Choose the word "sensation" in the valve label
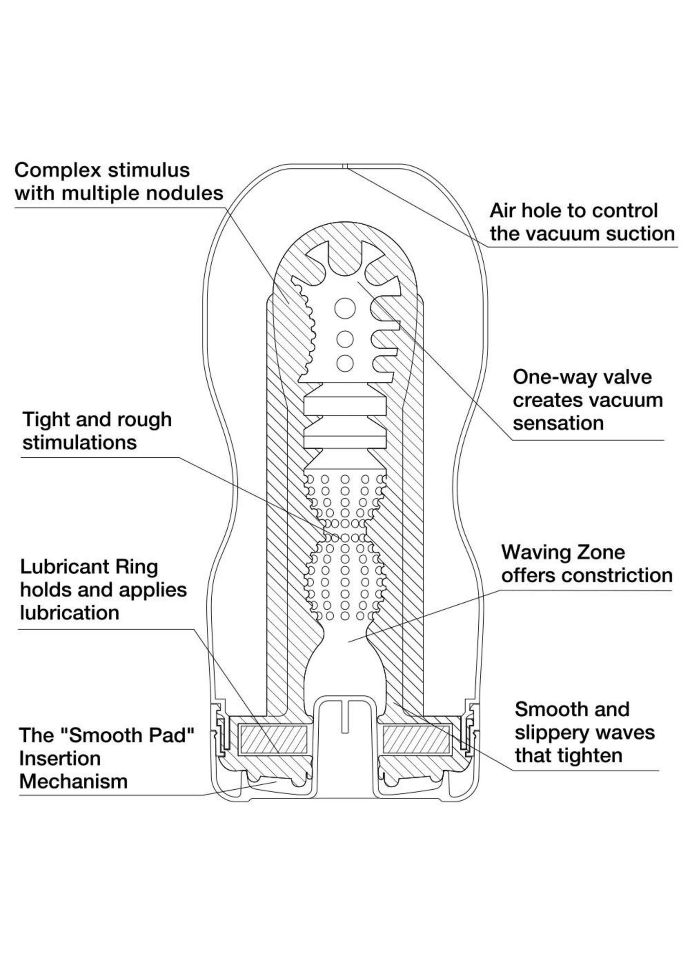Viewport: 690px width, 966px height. click(x=558, y=423)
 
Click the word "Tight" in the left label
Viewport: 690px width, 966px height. click(x=46, y=420)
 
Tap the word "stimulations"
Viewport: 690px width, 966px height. click(x=79, y=443)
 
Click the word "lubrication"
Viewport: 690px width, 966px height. click(x=70, y=613)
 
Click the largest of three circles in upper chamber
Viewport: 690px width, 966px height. click(x=345, y=307)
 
